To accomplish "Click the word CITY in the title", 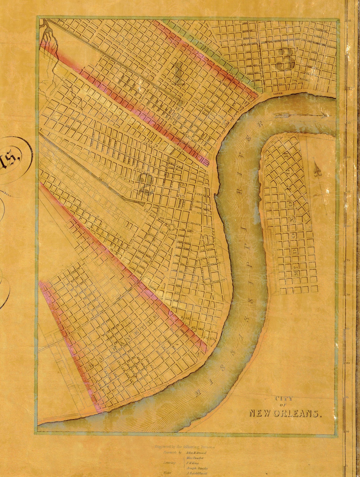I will pyautogui.click(x=284, y=399).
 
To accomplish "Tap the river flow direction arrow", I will pyautogui.click(x=300, y=116).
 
